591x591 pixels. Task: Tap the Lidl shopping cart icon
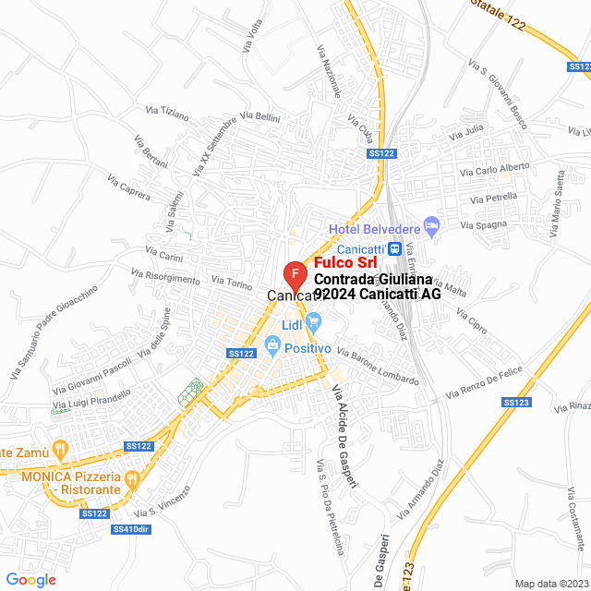pos(314,321)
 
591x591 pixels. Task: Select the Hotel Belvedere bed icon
pos(431,225)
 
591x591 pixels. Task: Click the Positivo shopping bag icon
pos(272,347)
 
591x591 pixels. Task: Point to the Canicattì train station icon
pos(394,248)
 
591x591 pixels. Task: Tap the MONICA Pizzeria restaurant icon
pos(131,478)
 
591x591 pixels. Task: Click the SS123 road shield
pos(515,402)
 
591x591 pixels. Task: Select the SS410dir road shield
pos(129,529)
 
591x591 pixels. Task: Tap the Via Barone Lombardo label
pos(377,367)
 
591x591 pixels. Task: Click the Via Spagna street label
pos(484,224)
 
